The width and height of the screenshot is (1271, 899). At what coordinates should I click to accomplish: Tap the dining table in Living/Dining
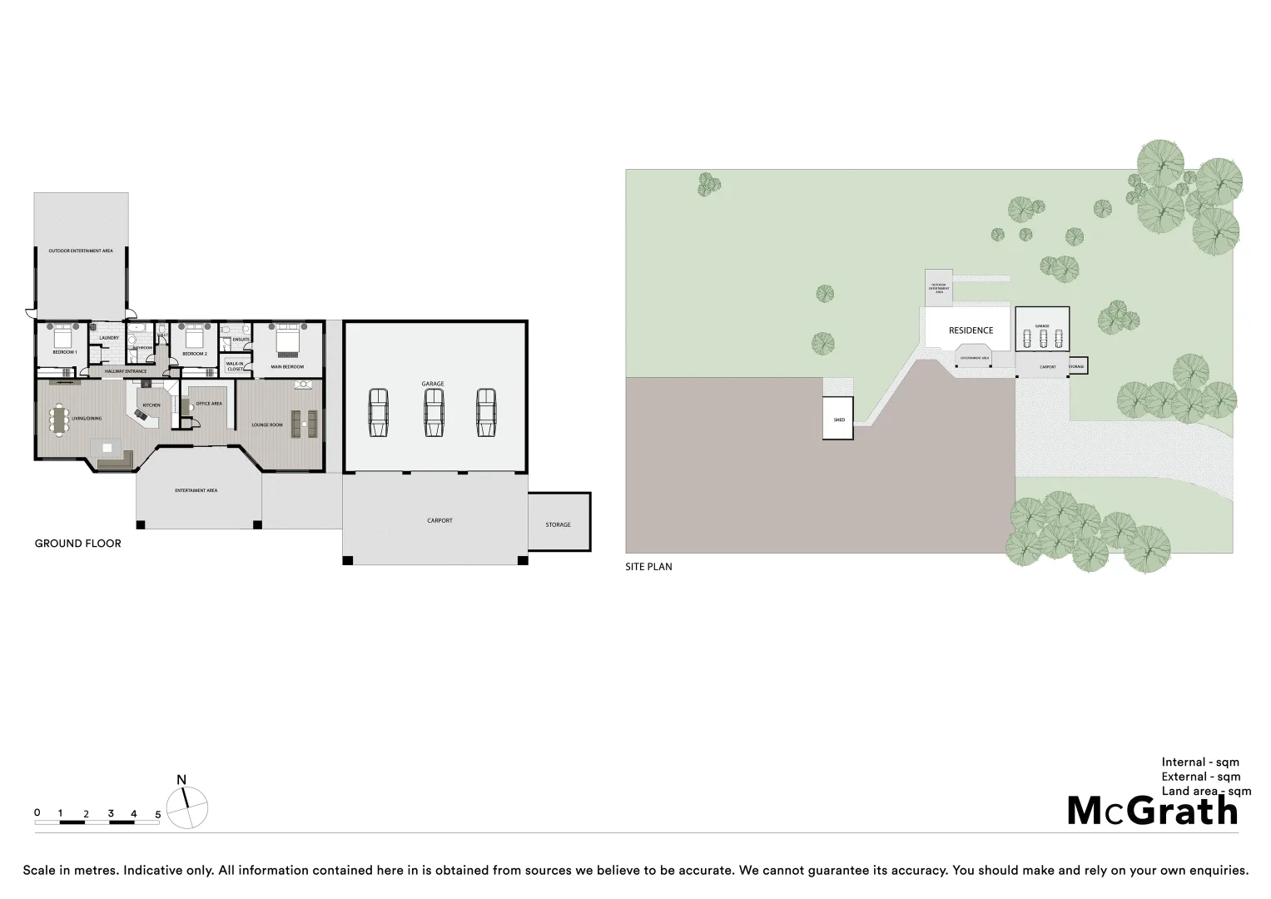pyautogui.click(x=57, y=420)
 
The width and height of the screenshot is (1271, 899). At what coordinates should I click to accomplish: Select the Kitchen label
pyautogui.click(x=151, y=405)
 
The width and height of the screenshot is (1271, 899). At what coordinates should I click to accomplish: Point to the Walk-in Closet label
pyautogui.click(x=235, y=365)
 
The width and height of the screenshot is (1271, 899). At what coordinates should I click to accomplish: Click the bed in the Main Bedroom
pyautogui.click(x=286, y=339)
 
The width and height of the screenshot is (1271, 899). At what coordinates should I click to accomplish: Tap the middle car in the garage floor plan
pyautogui.click(x=433, y=412)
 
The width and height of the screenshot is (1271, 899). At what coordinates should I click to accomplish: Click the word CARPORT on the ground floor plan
pyautogui.click(x=439, y=520)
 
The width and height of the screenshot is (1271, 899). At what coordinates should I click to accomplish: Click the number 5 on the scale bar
pyautogui.click(x=157, y=813)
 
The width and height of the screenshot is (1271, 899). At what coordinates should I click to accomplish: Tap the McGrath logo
pyautogui.click(x=1152, y=811)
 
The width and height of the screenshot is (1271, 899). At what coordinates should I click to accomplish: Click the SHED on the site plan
pyautogui.click(x=838, y=419)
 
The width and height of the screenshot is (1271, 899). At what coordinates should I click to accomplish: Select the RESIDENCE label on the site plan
pyautogui.click(x=971, y=330)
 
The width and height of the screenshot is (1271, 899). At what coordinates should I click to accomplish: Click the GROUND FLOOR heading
pyautogui.click(x=77, y=544)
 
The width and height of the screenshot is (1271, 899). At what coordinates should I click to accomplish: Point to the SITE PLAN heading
pyautogui.click(x=648, y=567)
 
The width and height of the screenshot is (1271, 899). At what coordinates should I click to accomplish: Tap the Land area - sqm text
pyautogui.click(x=1206, y=792)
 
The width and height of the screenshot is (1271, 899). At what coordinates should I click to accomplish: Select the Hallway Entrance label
pyautogui.click(x=125, y=371)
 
